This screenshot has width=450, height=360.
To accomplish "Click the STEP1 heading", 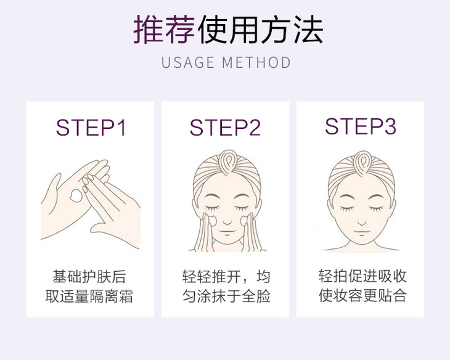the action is (91, 127).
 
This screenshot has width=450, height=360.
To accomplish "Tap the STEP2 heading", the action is (225, 127).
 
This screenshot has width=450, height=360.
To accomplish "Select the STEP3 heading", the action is (361, 126).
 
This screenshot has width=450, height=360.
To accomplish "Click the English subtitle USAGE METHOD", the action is (226, 62).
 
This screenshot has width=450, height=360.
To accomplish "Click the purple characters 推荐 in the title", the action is (164, 30).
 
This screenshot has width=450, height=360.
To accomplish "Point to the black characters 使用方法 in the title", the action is (261, 30).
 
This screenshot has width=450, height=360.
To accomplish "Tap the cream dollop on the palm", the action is (76, 195).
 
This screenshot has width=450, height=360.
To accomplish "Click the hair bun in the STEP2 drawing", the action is (227, 162).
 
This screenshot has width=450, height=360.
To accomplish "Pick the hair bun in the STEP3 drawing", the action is (362, 163).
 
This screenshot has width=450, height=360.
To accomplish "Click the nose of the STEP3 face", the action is (362, 223).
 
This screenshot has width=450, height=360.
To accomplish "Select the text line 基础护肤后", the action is (89, 276).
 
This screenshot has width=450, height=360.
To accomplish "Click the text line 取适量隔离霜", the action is (89, 297).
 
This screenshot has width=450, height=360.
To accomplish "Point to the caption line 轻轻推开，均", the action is (226, 276).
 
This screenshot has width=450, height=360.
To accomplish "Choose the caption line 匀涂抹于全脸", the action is (226, 297).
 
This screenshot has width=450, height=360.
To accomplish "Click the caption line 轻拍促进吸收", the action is (362, 276).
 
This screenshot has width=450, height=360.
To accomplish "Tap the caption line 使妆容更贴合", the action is (362, 295).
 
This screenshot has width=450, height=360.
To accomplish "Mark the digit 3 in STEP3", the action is (390, 126).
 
